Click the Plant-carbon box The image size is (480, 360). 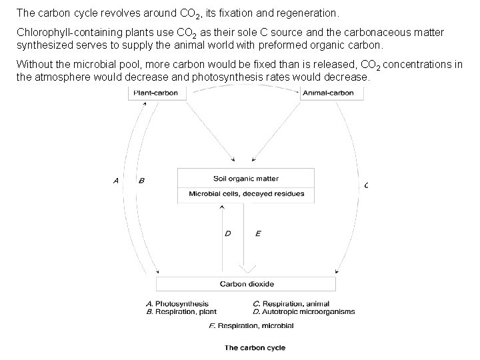(x=155, y=93)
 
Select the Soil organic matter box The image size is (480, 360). (x=246, y=179)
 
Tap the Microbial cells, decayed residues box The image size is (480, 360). (x=246, y=194)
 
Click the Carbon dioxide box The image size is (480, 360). (x=246, y=283)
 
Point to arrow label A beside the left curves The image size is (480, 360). (x=116, y=180)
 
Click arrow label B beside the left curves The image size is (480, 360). (x=141, y=180)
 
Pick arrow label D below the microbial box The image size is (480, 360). (x=227, y=233)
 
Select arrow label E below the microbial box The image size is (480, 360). (x=258, y=233)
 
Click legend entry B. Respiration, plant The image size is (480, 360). (x=181, y=311)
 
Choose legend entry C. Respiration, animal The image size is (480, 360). (x=291, y=303)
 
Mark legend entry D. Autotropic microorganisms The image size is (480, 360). (x=304, y=311)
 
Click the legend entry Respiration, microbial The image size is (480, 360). (x=251, y=325)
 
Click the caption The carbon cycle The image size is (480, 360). (x=255, y=347)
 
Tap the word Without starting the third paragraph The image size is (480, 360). (x=32, y=65)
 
